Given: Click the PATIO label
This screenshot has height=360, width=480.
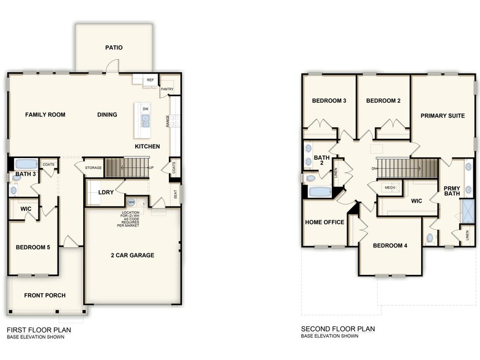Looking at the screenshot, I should (x=113, y=47).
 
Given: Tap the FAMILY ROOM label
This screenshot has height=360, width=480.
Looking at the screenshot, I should (x=45, y=114).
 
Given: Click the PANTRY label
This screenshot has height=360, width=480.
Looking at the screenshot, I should (x=167, y=89).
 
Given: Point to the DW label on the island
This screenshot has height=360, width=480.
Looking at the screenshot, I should (x=145, y=110).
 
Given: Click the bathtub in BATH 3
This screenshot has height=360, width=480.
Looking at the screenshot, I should (x=25, y=164).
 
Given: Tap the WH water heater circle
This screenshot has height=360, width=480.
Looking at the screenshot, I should (x=132, y=202).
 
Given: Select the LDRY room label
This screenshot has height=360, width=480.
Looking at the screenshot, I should (x=106, y=192).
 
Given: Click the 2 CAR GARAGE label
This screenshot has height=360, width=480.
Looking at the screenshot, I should (x=132, y=255).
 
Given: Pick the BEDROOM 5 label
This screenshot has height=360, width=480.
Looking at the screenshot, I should (x=33, y=247).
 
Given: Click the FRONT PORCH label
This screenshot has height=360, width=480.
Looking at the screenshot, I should (x=45, y=295).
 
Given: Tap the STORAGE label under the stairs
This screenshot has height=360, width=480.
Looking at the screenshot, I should (x=93, y=167).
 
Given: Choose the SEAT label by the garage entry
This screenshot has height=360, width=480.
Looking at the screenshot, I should (x=176, y=194).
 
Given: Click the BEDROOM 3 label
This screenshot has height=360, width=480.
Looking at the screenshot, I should (x=329, y=101).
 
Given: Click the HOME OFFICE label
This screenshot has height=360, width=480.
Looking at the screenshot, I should (x=324, y=222).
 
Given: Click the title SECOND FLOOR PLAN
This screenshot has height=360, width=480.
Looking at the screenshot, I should (x=337, y=329).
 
